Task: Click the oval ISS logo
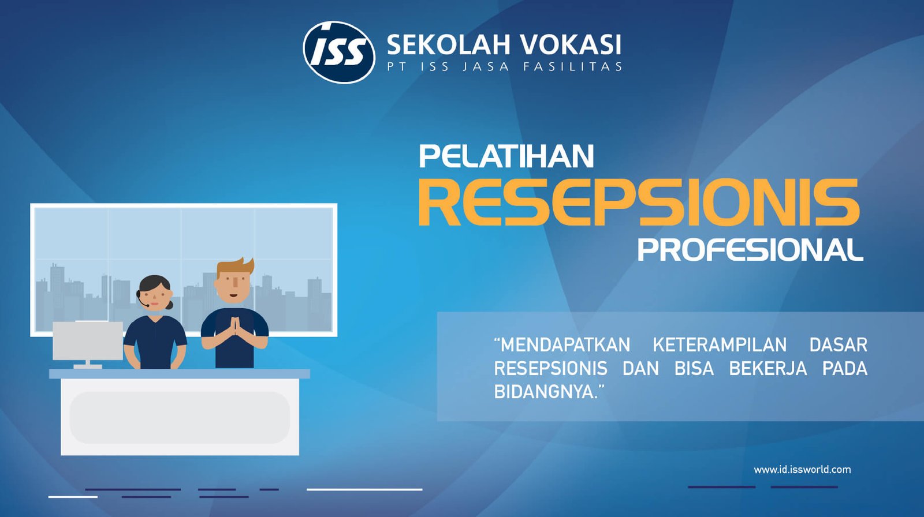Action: pyautogui.click(x=339, y=53)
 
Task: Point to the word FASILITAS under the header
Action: pyautogui.click(x=572, y=66)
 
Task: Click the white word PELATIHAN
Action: pyautogui.click(x=506, y=156)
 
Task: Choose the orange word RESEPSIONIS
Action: pyautogui.click(x=639, y=203)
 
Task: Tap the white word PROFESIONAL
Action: pyautogui.click(x=751, y=249)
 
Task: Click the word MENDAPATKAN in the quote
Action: pyautogui.click(x=562, y=345)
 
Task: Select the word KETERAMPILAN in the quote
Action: pyautogui.click(x=720, y=345)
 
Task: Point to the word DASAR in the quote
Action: pyautogui.click(x=838, y=345)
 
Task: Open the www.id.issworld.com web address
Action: pyautogui.click(x=802, y=470)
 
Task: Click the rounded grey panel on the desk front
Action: pyautogui.click(x=180, y=418)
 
